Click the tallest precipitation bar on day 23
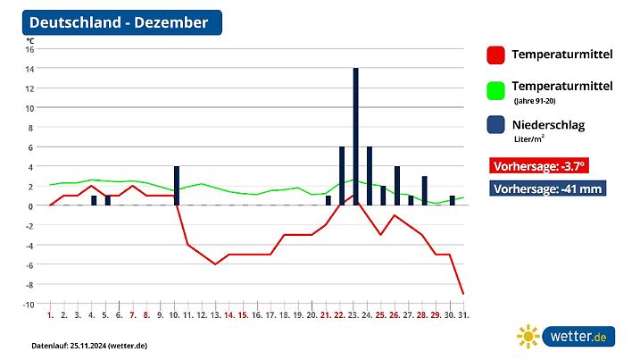355,136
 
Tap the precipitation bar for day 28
424,190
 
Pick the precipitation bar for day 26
397,186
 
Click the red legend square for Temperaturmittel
495,55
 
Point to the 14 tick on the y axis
29,69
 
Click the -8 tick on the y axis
29,285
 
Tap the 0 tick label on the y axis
31,206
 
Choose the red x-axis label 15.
242,315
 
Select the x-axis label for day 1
51,315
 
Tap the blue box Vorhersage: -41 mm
548,189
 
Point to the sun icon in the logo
528,336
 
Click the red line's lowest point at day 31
462,294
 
